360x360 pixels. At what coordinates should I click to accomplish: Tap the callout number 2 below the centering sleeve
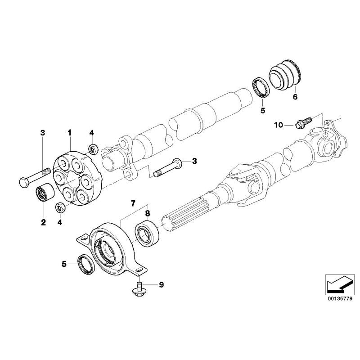[44, 222]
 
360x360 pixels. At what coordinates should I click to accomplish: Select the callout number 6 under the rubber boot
[295, 96]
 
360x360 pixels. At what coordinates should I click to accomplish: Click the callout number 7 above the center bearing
[133, 205]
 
